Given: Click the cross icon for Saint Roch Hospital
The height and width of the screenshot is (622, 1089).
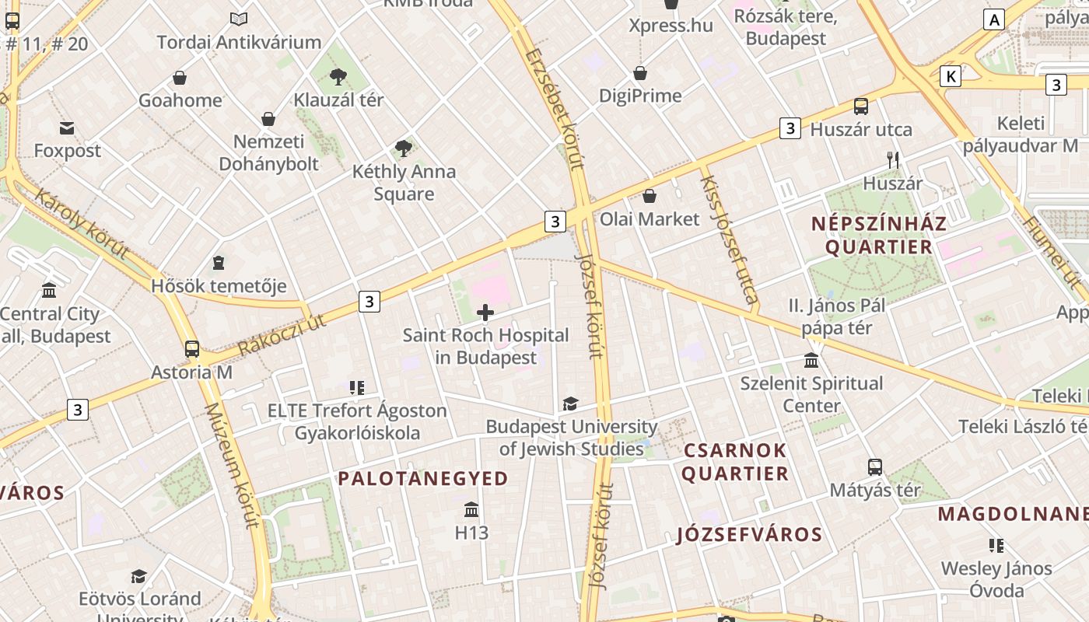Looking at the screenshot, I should pos(485,313).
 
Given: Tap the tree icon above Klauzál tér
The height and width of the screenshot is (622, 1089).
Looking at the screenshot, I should pos(338,76).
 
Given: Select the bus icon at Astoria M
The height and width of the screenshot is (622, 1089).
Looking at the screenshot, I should pos(192,349).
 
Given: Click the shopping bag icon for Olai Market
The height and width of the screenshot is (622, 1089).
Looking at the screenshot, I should pos(649,196).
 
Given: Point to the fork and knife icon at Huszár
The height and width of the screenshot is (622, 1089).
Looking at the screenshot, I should pos(893,160).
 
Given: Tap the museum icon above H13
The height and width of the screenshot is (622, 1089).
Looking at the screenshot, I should pos(471,510).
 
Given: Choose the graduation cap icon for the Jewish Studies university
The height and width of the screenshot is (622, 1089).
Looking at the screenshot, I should pos(570,404).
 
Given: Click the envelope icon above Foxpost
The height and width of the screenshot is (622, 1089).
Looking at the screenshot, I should pos(67,128).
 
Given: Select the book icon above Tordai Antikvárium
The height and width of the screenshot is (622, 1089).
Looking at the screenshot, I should pos(239,19).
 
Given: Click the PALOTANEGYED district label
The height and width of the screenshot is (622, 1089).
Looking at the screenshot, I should pos(423,479).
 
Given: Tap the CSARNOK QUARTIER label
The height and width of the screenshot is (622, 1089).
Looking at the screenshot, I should pos(735,462).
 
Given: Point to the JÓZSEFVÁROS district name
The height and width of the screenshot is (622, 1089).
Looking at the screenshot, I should pos(749,535).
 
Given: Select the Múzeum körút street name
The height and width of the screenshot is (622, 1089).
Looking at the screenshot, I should pos(231,466).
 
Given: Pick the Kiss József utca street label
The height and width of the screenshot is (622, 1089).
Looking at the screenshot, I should pos(729,239).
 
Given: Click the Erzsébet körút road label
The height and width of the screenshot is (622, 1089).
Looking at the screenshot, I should pos(554,109).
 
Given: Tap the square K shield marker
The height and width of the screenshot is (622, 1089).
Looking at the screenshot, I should pos(950,76).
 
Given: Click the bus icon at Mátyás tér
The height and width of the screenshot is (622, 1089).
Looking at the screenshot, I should pos(875,467).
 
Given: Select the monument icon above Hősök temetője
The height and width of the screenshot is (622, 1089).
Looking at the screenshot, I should pos(219,263).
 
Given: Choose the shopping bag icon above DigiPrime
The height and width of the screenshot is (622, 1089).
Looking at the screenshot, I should pos(640,73).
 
